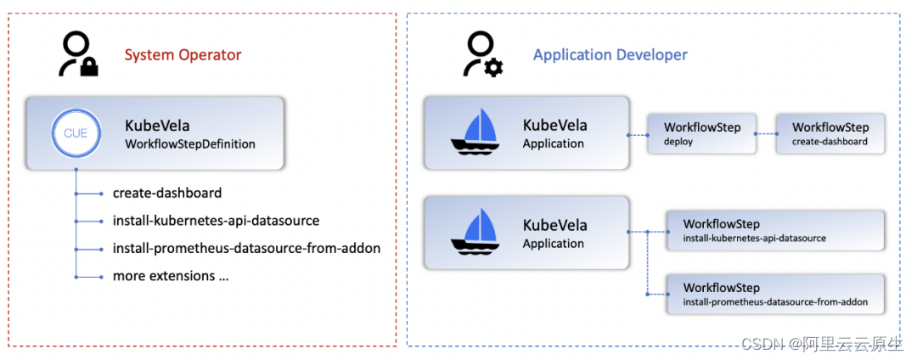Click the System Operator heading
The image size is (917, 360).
pos(183,55)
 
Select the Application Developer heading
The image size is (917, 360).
pos(610,55)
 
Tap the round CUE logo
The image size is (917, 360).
pos(76,133)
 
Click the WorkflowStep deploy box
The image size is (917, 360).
pos(701,134)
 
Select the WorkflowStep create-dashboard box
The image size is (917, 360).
pos(830,134)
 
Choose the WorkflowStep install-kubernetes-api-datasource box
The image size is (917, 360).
pos(775,231)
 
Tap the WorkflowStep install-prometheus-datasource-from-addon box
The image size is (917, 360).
pos(775,295)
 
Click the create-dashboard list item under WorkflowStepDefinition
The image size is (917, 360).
pos(166,193)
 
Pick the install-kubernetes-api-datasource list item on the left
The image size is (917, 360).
pos(216,221)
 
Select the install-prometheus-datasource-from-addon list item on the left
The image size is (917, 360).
pos(246,249)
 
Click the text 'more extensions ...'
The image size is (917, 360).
pos(171,276)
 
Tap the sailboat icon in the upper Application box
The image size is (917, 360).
pos(475,133)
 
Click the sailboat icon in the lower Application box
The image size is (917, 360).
pos(475,233)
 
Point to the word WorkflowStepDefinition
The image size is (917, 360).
pos(189,144)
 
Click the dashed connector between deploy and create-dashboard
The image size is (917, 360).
pos(766,134)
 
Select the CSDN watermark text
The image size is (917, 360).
pos(761,344)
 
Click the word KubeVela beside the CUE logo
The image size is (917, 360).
pos(157,127)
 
